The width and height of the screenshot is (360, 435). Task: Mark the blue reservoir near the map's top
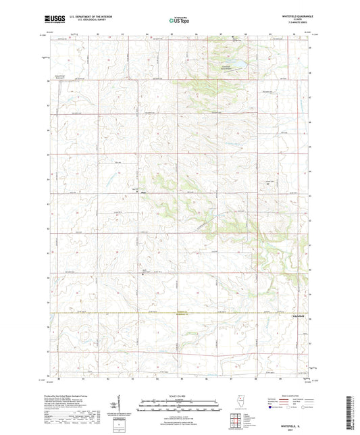(237, 66)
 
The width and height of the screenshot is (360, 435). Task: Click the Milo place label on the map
(143, 193)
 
